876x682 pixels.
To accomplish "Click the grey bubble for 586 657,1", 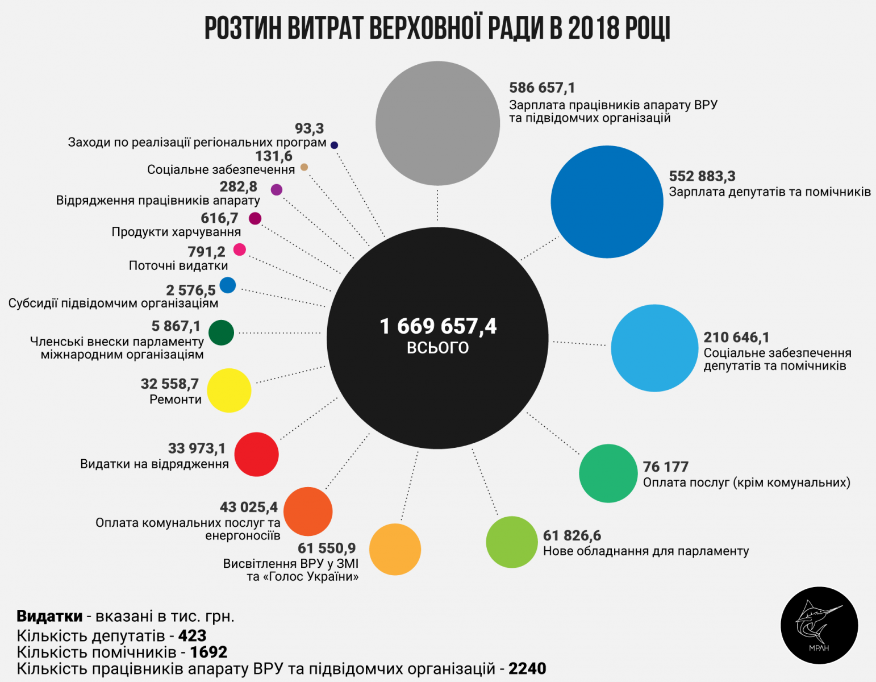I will point(437,123).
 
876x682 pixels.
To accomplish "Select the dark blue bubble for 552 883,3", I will point(607,202).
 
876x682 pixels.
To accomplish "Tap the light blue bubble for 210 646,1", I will point(654,348).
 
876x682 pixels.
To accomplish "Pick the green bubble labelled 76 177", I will point(608,473).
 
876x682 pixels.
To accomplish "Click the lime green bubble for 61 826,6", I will point(511,542).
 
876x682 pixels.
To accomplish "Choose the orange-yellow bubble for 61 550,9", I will point(395,550).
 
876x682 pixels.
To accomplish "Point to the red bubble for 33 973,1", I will point(256,454).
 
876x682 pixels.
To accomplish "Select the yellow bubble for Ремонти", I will point(229,390).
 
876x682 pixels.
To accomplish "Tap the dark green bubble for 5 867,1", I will point(221,332).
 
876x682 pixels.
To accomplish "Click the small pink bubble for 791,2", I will point(240,249).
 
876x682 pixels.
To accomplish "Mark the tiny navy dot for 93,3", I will point(334,145).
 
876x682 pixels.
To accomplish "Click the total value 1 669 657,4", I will point(438,326).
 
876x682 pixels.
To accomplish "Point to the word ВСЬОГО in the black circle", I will point(437,348).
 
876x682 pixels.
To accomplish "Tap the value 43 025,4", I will point(249,507).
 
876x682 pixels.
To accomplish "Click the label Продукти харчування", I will point(176,232).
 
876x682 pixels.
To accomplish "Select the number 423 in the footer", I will point(192,635).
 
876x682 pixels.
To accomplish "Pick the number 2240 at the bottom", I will point(527,668).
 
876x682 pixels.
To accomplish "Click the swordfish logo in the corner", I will point(819,625).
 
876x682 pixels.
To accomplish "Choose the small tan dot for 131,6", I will point(304,167).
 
